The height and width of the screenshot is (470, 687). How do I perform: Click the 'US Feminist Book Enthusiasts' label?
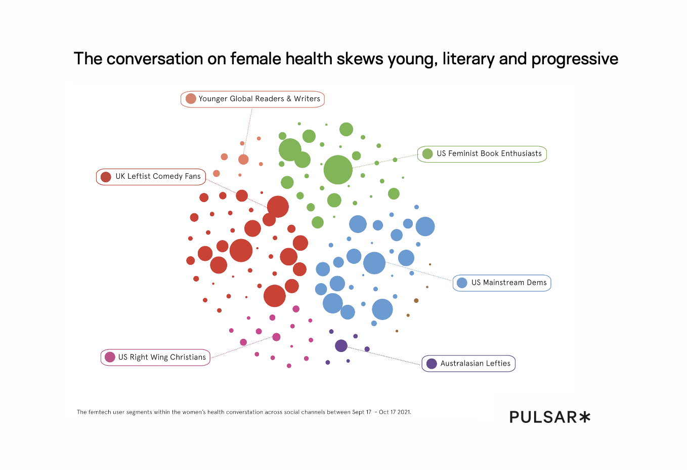(x=489, y=153)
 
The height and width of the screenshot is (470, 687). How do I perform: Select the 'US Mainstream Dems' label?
(x=508, y=283)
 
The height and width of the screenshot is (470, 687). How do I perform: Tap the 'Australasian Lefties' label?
(x=475, y=364)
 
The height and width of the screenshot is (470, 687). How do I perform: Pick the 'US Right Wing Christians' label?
(x=162, y=357)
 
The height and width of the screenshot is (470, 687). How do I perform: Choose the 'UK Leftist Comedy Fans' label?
(x=158, y=176)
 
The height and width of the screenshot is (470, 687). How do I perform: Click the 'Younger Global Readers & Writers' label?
(x=259, y=99)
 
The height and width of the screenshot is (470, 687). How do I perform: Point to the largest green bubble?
(x=338, y=170)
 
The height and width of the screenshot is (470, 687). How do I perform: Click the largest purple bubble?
(x=341, y=346)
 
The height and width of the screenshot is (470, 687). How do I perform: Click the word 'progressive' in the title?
(x=575, y=59)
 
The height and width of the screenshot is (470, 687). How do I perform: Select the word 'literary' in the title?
(x=468, y=59)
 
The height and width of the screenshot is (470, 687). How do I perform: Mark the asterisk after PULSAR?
(x=585, y=417)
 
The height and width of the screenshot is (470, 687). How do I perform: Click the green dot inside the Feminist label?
(x=427, y=153)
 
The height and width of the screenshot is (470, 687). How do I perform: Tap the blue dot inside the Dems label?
(x=462, y=283)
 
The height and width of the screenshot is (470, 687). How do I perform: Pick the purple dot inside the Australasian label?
(x=432, y=364)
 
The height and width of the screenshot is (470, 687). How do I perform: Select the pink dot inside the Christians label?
(x=110, y=357)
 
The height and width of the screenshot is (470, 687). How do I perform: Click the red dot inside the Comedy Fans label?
(x=106, y=177)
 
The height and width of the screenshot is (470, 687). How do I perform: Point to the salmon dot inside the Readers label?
(x=191, y=99)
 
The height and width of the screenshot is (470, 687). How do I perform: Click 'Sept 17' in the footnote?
(x=362, y=412)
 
